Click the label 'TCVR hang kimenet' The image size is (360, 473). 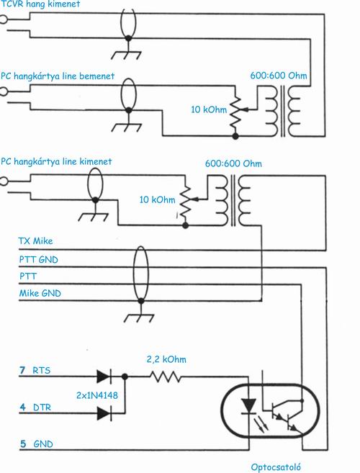[40, 4]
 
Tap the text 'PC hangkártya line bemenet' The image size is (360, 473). [58, 76]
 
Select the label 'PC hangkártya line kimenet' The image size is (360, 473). [56, 161]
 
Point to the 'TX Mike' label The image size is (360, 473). [35, 240]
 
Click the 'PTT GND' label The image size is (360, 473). [38, 259]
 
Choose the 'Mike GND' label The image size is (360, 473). [40, 293]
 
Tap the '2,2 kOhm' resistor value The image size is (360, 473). [166, 359]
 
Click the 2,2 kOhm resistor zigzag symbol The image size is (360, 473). [166, 377]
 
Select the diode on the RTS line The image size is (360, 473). [104, 377]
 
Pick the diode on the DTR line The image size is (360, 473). [104, 413]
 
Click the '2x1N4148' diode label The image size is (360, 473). [97, 395]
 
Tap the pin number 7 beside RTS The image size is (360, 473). [22, 370]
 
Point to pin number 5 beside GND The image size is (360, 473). [23, 443]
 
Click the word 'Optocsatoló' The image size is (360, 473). [276, 467]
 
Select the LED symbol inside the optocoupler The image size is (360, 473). [249, 406]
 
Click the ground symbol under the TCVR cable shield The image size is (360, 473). [127, 51]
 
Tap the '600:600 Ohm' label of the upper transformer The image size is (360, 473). [279, 76]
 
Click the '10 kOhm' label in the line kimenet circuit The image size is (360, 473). [157, 199]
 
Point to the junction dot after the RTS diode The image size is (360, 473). [125, 377]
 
